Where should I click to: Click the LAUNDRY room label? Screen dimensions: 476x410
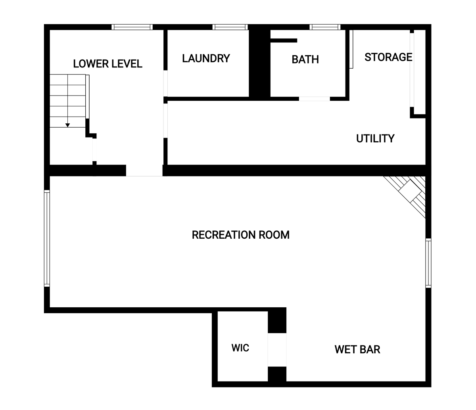pos(206,58)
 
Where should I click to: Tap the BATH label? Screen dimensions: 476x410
pos(305,59)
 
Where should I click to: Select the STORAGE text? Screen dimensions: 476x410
pos(388,57)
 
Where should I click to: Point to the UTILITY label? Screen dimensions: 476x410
pos(375,138)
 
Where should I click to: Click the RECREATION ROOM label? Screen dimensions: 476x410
pos(241,235)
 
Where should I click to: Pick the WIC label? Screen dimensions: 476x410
pos(240,348)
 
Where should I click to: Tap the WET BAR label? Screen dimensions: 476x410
pos(357,349)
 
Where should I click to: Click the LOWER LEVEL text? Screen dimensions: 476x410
pos(107,64)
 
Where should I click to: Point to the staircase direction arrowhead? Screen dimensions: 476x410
pos(67,125)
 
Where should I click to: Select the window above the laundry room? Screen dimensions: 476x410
pos(230,27)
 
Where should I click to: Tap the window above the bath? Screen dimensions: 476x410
pos(325,27)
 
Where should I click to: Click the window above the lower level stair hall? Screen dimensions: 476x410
pos(132,27)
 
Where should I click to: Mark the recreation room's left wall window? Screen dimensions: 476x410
pos(47,238)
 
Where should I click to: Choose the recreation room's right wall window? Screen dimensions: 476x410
pos(428,263)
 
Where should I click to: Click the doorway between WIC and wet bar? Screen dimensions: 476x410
pos(277,350)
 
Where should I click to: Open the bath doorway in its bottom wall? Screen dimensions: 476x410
pos(314,99)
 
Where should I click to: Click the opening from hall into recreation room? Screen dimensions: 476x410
pos(144,171)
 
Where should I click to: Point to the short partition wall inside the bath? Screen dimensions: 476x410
pos(284,40)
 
